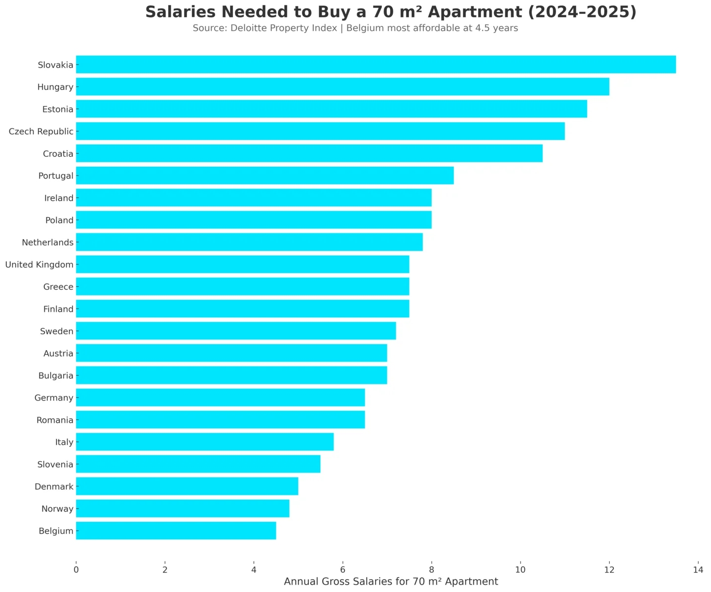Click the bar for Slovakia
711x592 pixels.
[375, 65]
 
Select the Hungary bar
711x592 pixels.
[342, 87]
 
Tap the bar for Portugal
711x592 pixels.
[264, 176]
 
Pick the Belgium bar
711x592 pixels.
[176, 531]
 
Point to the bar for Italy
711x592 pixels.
[205, 442]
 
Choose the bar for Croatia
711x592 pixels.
[309, 153]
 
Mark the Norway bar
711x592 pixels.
[183, 509]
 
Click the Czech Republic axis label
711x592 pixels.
[41, 132]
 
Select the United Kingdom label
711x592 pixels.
[39, 265]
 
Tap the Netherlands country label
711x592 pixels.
[47, 243]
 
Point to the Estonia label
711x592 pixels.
[58, 110]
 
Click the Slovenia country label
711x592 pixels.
[55, 465]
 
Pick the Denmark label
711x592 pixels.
[54, 487]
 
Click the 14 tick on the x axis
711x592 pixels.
[698, 570]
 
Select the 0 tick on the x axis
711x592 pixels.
[76, 570]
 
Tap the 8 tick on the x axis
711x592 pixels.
[431, 570]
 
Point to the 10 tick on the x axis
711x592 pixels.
[520, 570]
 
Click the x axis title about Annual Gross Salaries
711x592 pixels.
[391, 582]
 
